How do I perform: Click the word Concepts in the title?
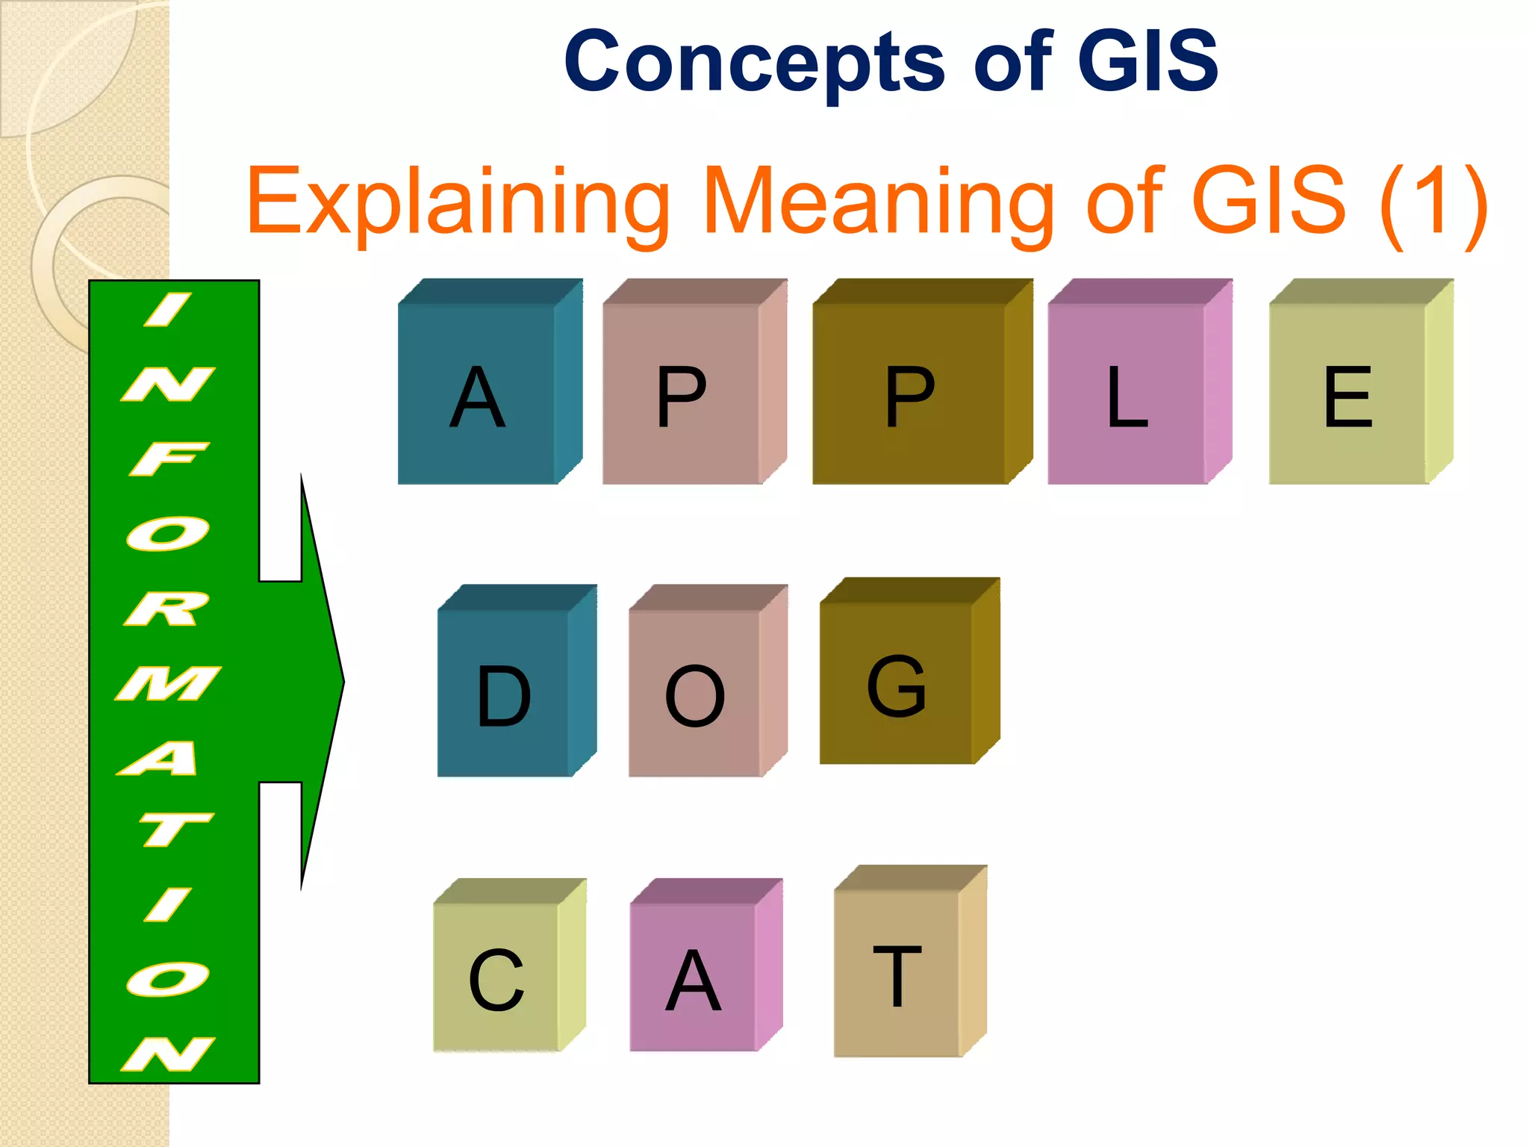pyautogui.click(x=755, y=63)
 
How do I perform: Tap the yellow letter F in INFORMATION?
pyautogui.click(x=168, y=459)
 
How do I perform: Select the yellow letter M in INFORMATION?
pyautogui.click(x=169, y=683)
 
